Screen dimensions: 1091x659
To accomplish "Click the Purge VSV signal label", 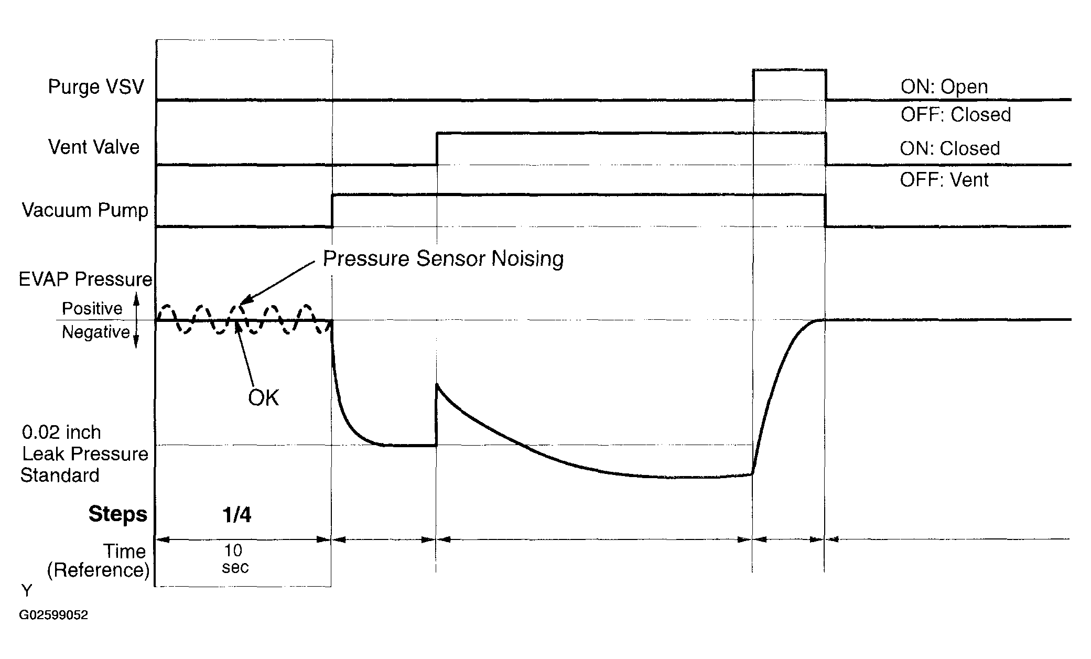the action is [x=96, y=87].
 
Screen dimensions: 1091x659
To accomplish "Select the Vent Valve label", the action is [x=94, y=147].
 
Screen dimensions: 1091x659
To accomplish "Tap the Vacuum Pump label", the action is [x=85, y=210].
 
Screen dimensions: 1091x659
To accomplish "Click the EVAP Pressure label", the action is [x=85, y=279].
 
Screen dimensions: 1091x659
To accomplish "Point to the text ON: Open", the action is [x=944, y=87].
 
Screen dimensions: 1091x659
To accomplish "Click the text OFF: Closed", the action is [x=956, y=114].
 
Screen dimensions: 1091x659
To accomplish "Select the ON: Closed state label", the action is [x=950, y=148].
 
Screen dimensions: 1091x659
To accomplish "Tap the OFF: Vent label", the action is [x=944, y=180].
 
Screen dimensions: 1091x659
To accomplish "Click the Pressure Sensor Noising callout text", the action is [x=443, y=259].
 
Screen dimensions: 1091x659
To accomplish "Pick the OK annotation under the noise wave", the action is [x=263, y=398].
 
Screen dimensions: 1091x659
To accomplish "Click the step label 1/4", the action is [x=237, y=514].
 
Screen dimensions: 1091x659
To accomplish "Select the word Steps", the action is [x=118, y=514].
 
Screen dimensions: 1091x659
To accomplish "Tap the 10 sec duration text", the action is [x=234, y=558].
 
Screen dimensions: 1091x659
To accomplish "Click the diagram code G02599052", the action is [x=53, y=615].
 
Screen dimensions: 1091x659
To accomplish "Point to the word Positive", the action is [x=92, y=308].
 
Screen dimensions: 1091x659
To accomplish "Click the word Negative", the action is [x=96, y=332].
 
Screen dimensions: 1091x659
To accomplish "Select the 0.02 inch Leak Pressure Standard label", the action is [x=84, y=454].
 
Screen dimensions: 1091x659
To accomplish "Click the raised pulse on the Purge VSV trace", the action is [x=790, y=70].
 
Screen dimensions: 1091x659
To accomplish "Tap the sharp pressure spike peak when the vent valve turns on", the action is [x=437, y=385].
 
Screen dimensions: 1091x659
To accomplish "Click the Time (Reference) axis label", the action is [x=98, y=560].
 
